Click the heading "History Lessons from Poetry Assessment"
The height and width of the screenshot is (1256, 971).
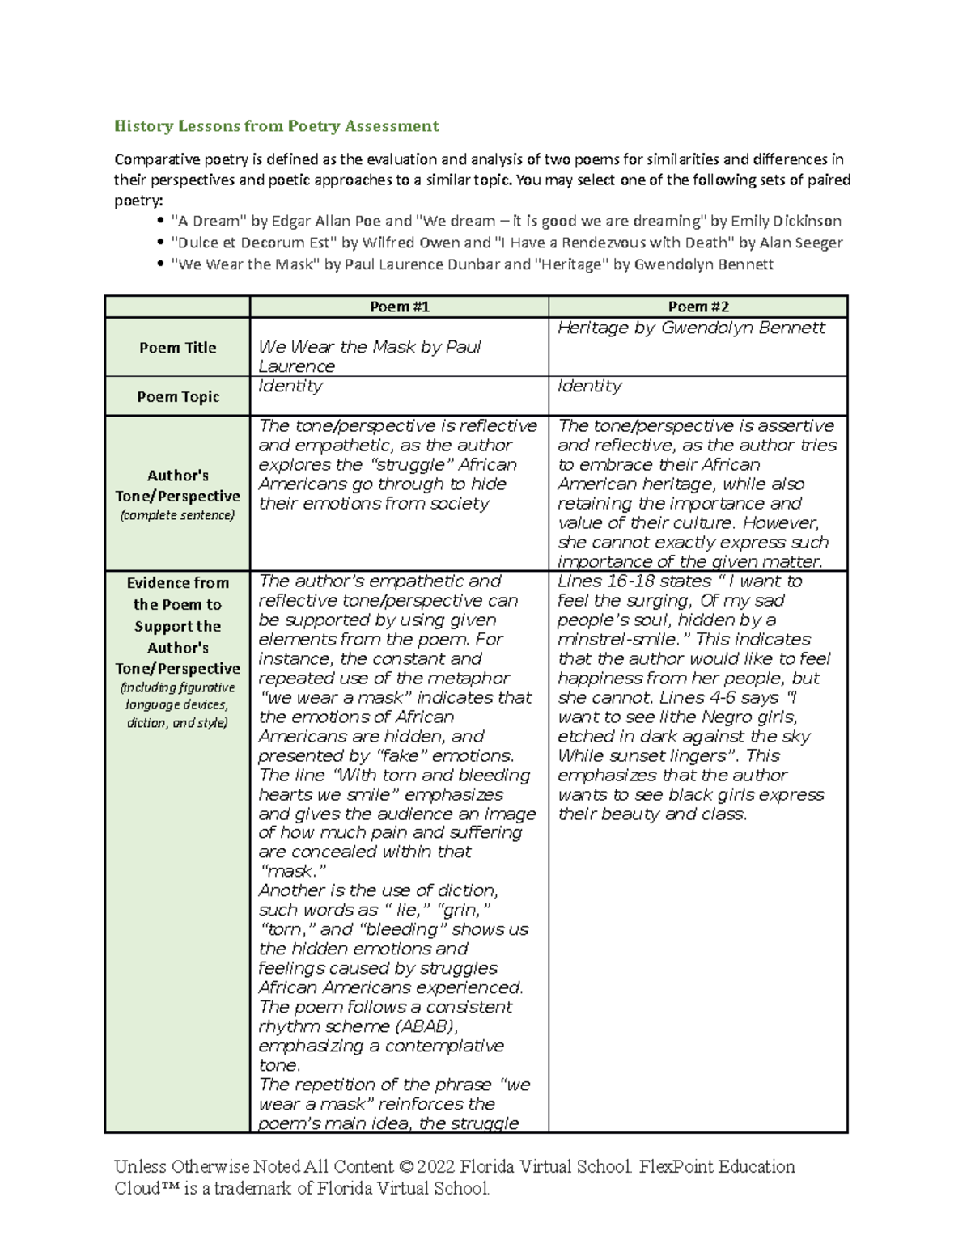click(x=276, y=125)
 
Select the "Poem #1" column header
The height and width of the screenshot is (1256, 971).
click(x=399, y=307)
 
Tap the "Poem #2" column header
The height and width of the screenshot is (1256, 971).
click(x=698, y=307)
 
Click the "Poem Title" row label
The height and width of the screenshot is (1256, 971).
click(x=177, y=347)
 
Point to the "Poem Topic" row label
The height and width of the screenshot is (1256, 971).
click(x=177, y=396)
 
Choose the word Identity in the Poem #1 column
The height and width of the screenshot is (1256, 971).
click(x=290, y=386)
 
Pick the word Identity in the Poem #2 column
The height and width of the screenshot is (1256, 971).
click(x=589, y=386)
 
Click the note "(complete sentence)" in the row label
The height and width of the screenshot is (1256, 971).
click(x=177, y=515)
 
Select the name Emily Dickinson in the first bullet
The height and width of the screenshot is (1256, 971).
click(x=785, y=221)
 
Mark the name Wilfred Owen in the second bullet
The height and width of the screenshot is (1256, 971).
click(x=400, y=243)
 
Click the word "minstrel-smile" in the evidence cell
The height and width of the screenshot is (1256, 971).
click(x=618, y=640)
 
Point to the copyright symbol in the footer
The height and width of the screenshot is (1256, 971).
click(x=406, y=1167)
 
